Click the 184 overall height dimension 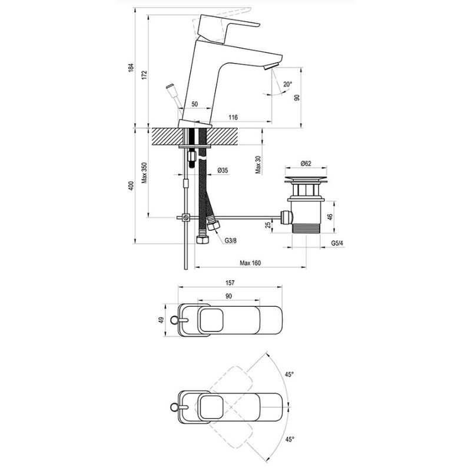click(131, 68)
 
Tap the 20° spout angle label click(287, 84)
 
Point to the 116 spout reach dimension click(233, 118)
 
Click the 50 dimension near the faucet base click(194, 104)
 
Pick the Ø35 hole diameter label click(223, 170)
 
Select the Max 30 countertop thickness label click(258, 164)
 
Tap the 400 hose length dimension click(131, 185)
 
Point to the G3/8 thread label click(230, 240)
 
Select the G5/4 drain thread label click(337, 242)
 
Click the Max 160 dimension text click(250, 263)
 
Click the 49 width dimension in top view click(160, 320)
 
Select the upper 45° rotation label click(289, 373)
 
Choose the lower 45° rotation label click(289, 439)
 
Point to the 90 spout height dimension click(298, 97)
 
